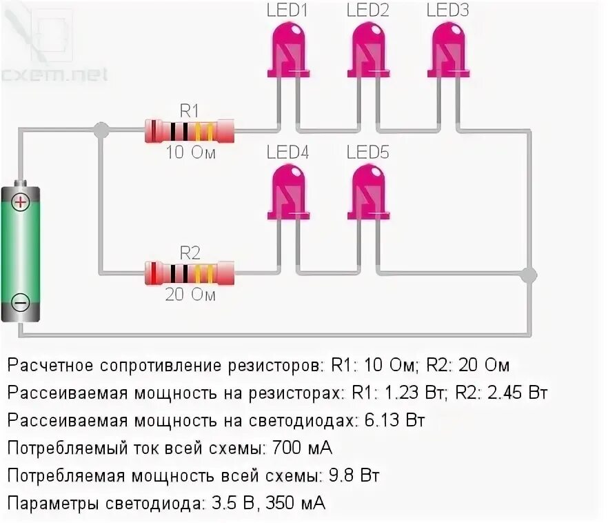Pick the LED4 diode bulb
coord(287,190)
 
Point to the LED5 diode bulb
coord(367,190)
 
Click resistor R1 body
coord(190,129)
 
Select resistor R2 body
coord(190,272)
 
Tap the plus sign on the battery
coord(21,202)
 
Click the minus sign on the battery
coord(21,302)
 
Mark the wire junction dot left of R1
coord(101,129)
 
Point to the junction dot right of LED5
coord(528,275)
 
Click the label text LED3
coord(447,10)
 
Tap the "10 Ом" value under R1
coord(190,153)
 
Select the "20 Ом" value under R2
coord(190,295)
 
